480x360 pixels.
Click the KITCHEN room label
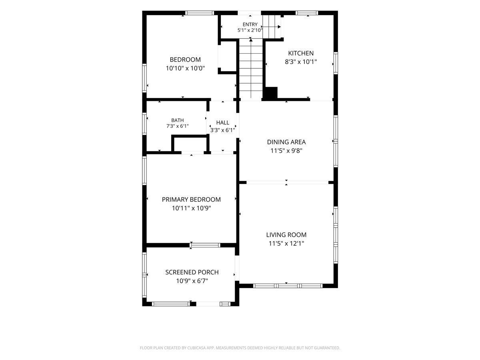(x=301, y=53)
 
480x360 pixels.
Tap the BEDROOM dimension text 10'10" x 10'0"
(x=185, y=68)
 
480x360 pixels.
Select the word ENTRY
(x=250, y=24)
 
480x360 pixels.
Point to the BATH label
(x=177, y=120)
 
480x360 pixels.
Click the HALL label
(x=223, y=123)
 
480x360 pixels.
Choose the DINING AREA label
(x=286, y=142)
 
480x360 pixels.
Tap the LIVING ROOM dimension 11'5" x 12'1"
(x=286, y=244)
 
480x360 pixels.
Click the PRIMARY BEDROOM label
(x=191, y=200)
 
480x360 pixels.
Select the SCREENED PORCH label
(x=192, y=272)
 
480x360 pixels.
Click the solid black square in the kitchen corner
(x=271, y=93)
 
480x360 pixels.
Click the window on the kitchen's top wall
(x=307, y=13)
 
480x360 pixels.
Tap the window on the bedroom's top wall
(x=200, y=13)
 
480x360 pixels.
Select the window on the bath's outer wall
(x=144, y=124)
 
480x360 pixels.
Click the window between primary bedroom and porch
(x=205, y=245)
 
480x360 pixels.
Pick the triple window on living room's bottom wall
(x=288, y=286)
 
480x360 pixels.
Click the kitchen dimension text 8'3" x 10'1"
(x=301, y=62)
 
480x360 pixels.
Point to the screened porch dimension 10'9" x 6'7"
(x=192, y=281)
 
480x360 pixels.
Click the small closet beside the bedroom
(x=228, y=56)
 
